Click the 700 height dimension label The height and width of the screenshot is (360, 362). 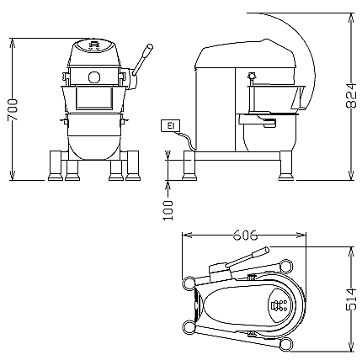click(13, 109)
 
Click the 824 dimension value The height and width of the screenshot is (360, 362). click(351, 95)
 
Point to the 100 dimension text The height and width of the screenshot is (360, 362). click(168, 210)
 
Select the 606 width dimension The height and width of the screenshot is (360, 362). click(245, 235)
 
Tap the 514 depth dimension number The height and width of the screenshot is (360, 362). click(351, 299)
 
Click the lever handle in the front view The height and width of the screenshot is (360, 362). click(142, 60)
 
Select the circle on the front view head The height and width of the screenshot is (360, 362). click(94, 77)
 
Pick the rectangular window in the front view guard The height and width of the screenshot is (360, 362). click(94, 98)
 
